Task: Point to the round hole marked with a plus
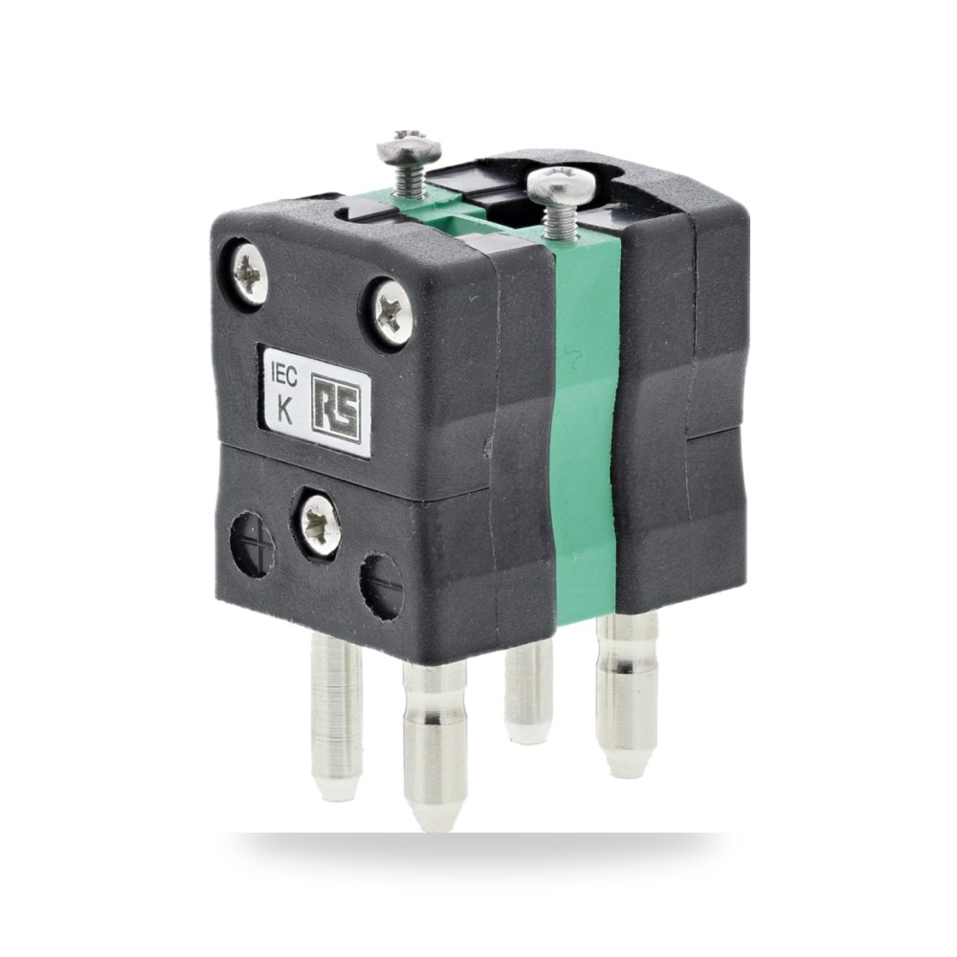pos(252,545)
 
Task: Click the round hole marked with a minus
pos(381,585)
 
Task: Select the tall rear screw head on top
pos(409,145)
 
